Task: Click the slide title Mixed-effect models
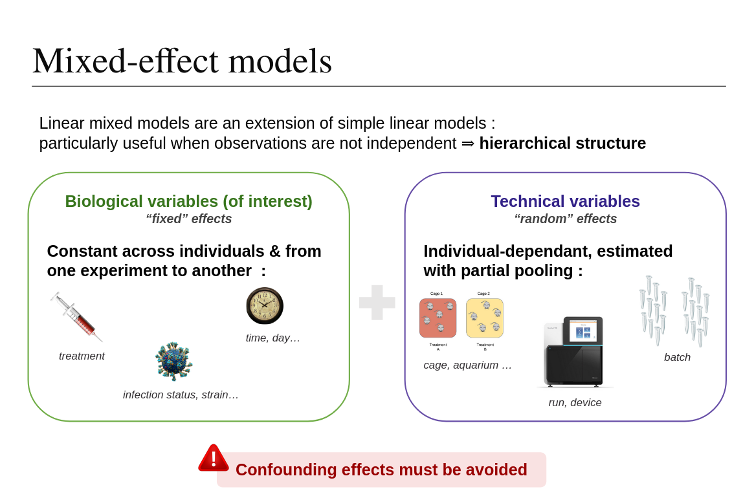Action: (182, 61)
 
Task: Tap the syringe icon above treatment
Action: (77, 317)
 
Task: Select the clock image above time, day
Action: (265, 305)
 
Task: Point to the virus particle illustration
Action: (173, 362)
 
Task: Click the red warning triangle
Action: (214, 459)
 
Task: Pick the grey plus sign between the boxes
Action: (377, 302)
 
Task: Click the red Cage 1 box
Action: (438, 318)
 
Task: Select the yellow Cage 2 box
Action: (484, 318)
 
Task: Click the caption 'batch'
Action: (677, 357)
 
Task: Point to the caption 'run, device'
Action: (575, 402)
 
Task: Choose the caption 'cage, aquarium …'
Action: (467, 365)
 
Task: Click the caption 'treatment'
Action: (82, 356)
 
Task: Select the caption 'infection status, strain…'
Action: (181, 395)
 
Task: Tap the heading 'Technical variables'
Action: (565, 201)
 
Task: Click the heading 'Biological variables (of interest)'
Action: (188, 201)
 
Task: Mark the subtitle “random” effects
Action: (565, 219)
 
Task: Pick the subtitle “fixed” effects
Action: (188, 219)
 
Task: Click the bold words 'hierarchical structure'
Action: (562, 143)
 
